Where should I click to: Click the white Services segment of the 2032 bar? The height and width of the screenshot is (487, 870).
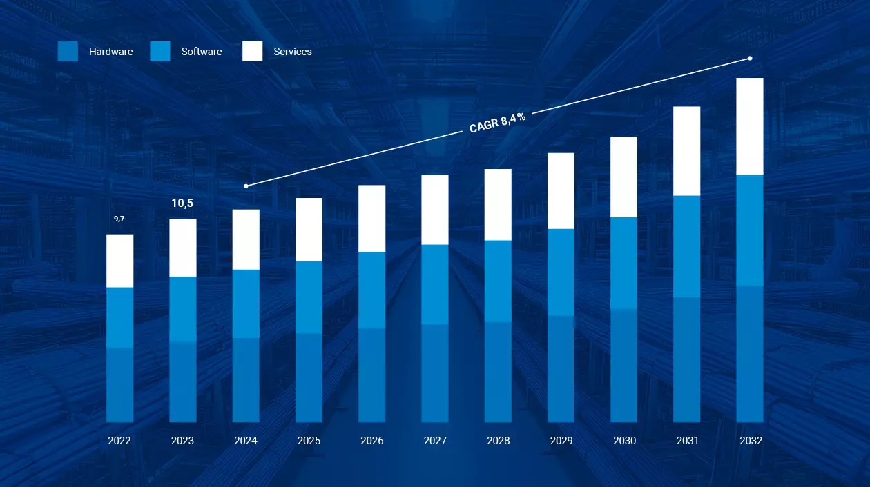749,126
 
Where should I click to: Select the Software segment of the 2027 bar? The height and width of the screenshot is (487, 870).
435,284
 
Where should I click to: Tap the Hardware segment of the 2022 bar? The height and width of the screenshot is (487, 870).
119,384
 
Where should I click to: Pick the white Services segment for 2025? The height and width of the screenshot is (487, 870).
309,229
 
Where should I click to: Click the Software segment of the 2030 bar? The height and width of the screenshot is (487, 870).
624,263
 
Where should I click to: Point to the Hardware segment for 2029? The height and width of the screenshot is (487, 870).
561,368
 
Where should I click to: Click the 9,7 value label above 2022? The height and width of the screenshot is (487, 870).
119,219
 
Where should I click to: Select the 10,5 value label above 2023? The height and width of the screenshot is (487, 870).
182,203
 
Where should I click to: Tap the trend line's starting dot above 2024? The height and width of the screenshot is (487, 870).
246,186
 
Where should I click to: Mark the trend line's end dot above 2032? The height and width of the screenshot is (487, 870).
750,59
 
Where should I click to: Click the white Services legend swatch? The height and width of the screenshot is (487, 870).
253,52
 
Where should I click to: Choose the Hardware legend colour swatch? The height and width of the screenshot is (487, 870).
68,52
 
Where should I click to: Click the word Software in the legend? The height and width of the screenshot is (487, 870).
202,52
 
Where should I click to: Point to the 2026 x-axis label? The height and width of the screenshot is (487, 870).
372,441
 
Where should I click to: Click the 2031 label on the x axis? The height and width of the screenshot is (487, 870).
687,441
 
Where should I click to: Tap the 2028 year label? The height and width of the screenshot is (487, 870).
498,441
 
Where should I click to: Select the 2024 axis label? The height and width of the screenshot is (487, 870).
246,441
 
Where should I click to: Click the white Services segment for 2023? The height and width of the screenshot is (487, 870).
183,248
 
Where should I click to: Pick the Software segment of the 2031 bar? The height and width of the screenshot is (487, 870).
687,246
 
